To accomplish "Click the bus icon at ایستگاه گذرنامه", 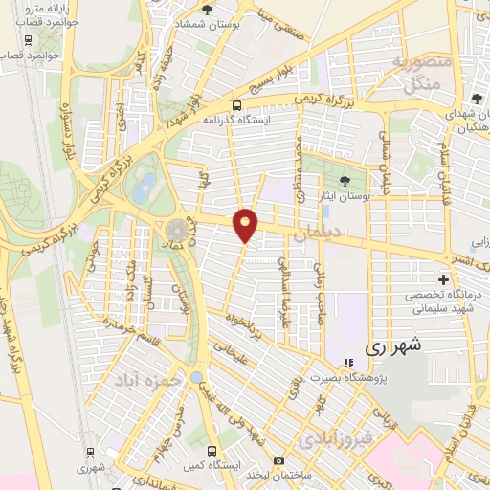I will pos(236,106).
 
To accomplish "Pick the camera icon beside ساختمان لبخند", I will pos(278,460).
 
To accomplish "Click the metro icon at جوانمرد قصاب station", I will pos(28,41).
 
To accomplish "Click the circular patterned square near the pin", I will pos(177,232).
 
